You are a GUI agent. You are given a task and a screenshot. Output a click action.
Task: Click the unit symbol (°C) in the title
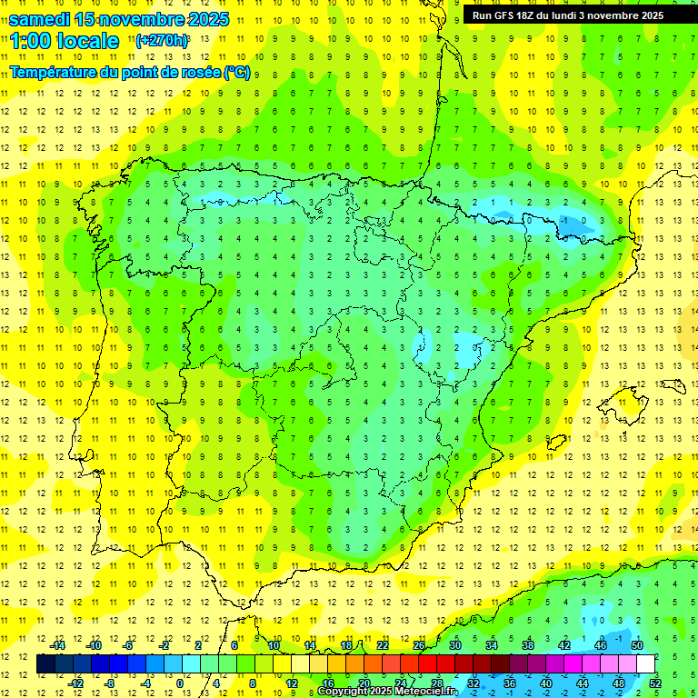point(237,72)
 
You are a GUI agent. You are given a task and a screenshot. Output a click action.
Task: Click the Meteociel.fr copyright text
point(386,692)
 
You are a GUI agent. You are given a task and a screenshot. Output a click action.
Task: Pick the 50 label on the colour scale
point(636,645)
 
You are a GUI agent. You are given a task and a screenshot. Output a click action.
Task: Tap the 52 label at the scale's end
point(655,683)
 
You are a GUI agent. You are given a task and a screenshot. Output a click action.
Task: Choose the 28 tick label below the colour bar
point(437,683)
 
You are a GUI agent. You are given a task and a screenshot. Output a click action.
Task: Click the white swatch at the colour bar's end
point(646,664)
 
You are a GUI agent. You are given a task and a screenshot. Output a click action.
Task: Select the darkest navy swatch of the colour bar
point(45,664)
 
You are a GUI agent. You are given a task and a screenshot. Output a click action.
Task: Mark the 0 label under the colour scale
point(180,683)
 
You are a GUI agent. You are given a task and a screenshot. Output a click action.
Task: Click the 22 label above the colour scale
point(382,645)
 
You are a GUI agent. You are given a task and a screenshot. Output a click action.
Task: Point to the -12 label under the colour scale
point(75,683)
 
